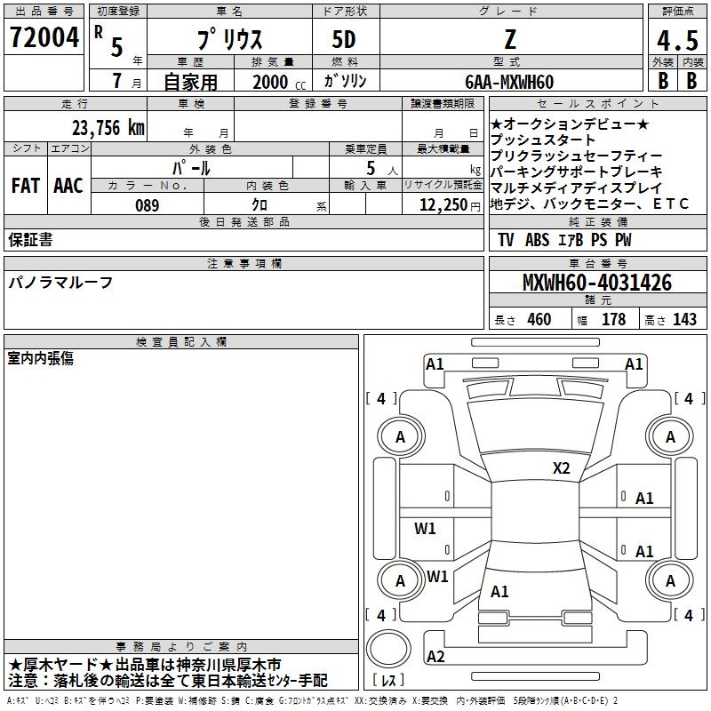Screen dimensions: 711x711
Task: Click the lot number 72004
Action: (44, 37)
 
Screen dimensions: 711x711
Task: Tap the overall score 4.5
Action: (677, 41)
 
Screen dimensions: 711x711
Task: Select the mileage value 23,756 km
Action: (108, 128)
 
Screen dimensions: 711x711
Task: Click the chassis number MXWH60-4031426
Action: (597, 283)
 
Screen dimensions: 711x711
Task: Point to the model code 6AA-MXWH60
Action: (509, 82)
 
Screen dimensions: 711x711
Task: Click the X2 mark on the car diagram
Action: (561, 468)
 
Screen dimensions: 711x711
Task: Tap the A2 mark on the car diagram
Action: (435, 656)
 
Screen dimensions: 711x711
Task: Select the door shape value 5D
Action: (344, 40)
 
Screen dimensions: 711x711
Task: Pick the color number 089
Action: (148, 205)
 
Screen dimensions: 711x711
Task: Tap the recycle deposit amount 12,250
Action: (443, 205)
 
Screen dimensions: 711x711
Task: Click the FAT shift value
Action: (26, 186)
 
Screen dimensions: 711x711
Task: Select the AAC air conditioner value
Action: (68, 186)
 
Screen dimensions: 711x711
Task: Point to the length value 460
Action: (539, 319)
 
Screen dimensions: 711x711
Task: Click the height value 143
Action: (684, 319)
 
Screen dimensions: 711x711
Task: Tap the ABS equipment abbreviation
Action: (538, 240)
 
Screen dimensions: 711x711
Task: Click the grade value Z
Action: (510, 40)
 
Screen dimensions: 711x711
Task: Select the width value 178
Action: (613, 319)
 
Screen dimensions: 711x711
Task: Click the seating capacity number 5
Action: (371, 168)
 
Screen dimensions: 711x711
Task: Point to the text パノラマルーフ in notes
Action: (60, 283)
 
